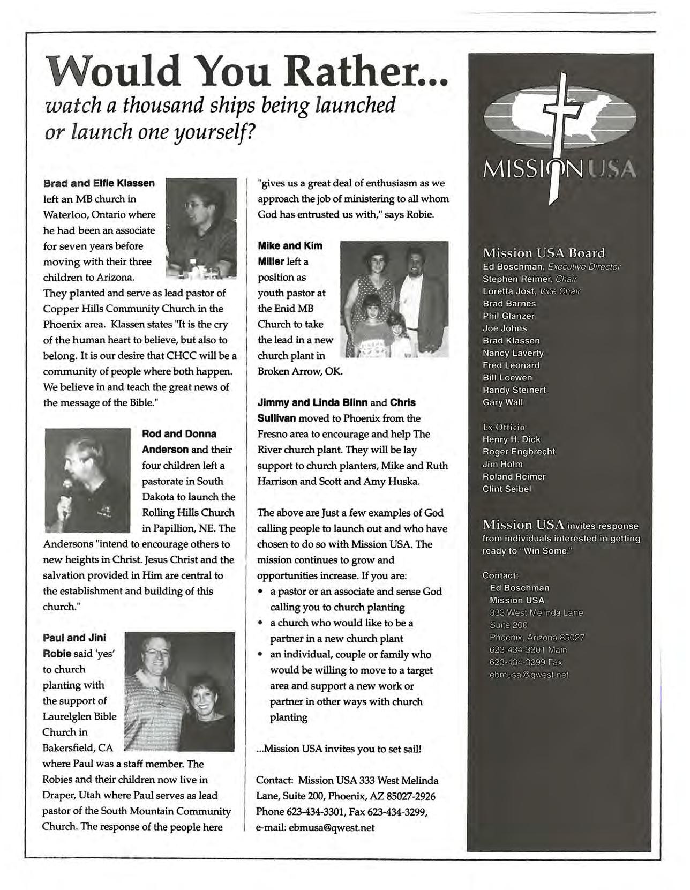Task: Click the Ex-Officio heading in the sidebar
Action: coord(504,427)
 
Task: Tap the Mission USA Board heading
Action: coord(544,253)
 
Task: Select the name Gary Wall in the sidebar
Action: coord(502,402)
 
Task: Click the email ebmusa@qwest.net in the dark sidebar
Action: coord(529,675)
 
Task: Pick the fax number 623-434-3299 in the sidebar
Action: coord(526,663)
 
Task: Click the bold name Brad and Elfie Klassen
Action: coord(99,183)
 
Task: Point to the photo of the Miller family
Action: coord(394,299)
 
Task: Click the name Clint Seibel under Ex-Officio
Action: coord(507,489)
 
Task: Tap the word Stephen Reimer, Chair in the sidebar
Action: coord(529,279)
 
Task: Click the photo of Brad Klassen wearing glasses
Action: coord(201,227)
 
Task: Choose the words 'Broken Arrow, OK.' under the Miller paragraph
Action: coord(300,371)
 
